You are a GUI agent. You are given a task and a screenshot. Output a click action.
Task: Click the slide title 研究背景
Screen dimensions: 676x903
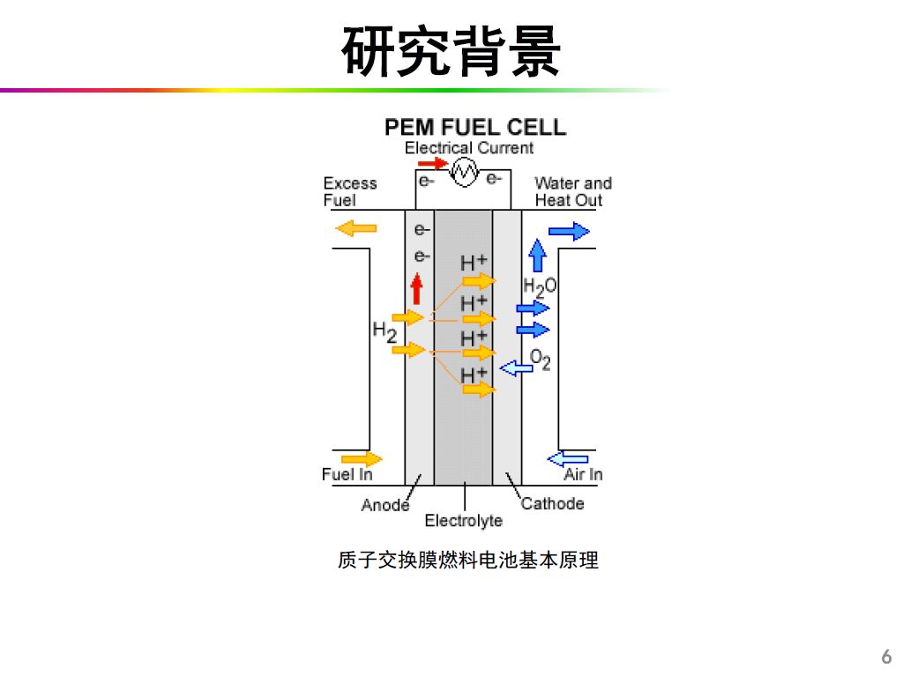[451, 50]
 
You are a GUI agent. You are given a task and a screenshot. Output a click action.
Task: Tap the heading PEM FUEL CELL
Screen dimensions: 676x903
[475, 127]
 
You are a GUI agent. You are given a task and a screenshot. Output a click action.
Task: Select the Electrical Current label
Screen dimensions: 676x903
[468, 148]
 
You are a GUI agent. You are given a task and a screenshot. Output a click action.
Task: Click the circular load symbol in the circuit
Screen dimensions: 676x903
[464, 171]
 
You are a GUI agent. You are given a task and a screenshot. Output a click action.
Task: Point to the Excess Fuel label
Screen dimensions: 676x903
[349, 191]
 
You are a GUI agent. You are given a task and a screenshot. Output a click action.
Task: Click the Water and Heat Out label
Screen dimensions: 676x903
[572, 191]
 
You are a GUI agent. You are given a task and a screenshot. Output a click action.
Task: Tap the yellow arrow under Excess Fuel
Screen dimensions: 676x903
[355, 229]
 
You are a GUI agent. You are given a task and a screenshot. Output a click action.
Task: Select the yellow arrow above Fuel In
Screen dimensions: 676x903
[361, 458]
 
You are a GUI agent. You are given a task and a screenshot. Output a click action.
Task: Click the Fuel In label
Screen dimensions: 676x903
[347, 475]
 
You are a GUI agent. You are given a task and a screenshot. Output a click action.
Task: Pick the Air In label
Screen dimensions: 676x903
[583, 475]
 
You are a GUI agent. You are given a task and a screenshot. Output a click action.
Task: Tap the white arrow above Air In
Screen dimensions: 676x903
[567, 458]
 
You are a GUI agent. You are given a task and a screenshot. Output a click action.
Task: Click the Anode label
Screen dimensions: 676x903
[385, 505]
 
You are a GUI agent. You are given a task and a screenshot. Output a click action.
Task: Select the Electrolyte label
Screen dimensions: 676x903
[463, 521]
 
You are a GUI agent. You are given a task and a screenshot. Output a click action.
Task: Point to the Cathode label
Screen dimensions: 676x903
[552, 504]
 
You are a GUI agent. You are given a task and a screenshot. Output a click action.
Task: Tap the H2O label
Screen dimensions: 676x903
[540, 286]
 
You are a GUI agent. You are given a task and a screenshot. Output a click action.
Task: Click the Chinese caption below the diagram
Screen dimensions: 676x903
[467, 560]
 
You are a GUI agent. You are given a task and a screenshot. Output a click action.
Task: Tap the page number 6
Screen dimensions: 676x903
[886, 657]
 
